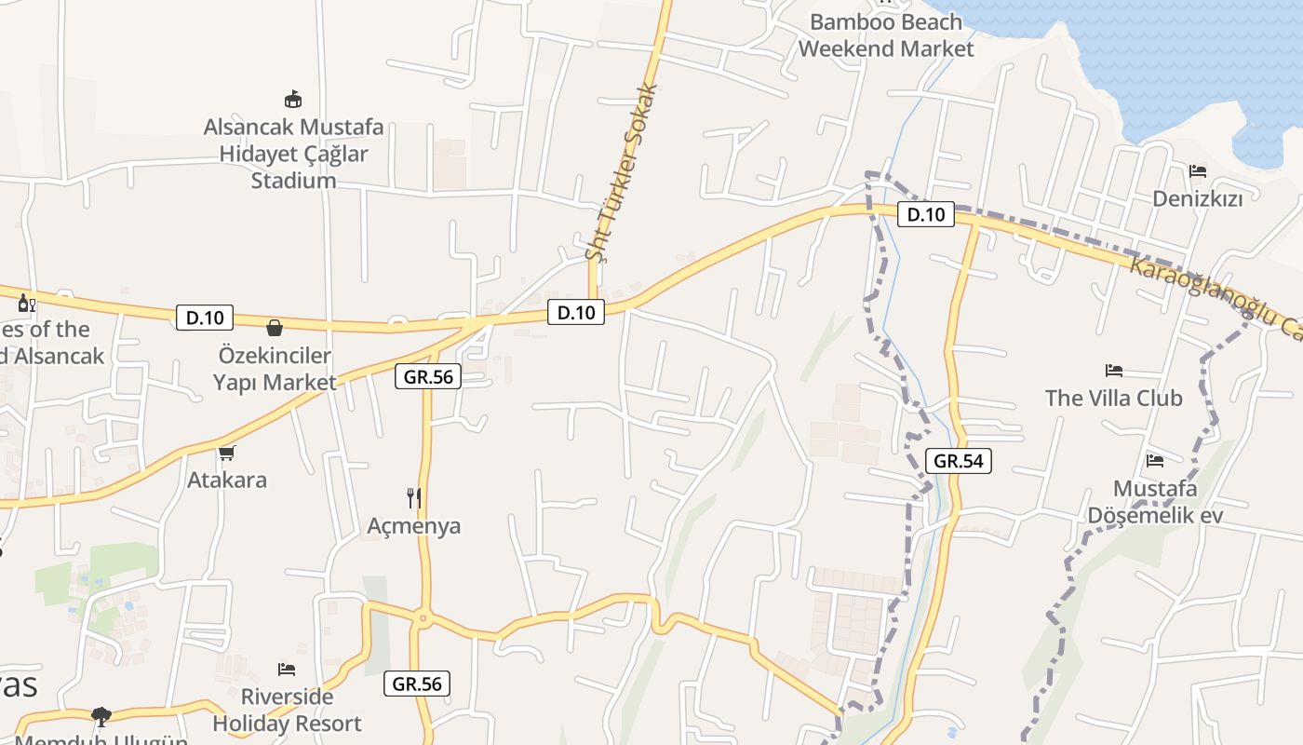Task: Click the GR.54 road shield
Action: point(959,460)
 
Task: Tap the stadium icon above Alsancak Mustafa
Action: point(293,99)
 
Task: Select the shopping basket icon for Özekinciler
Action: point(275,328)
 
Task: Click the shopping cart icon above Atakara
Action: point(226,453)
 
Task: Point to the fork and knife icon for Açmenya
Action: point(414,498)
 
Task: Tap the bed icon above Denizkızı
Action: point(1198,171)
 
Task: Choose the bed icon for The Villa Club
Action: point(1113,371)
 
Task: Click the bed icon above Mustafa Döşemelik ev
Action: point(1155,460)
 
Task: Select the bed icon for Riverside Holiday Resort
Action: point(287,669)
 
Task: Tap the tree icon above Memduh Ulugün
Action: point(101,716)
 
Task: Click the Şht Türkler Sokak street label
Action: point(623,172)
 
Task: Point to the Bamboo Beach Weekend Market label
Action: point(886,35)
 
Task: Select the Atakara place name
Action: point(227,481)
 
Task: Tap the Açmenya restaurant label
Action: point(414,526)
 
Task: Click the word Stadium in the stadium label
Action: point(293,181)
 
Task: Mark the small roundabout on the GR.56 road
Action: point(423,616)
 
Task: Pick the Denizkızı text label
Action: point(1210,198)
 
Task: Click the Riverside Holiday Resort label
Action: point(287,710)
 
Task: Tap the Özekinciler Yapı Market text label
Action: point(275,369)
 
